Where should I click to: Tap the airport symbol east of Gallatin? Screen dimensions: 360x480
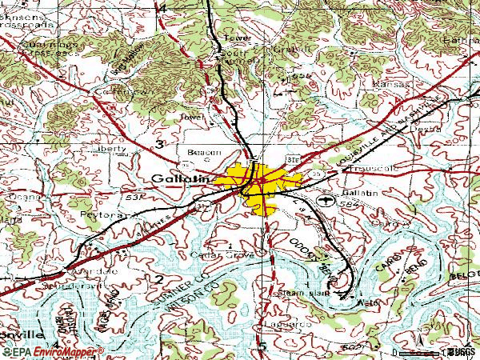[324, 199]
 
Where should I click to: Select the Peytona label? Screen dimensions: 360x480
[99, 216]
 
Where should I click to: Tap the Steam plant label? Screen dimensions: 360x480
[305, 294]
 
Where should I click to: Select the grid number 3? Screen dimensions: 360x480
[161, 144]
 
